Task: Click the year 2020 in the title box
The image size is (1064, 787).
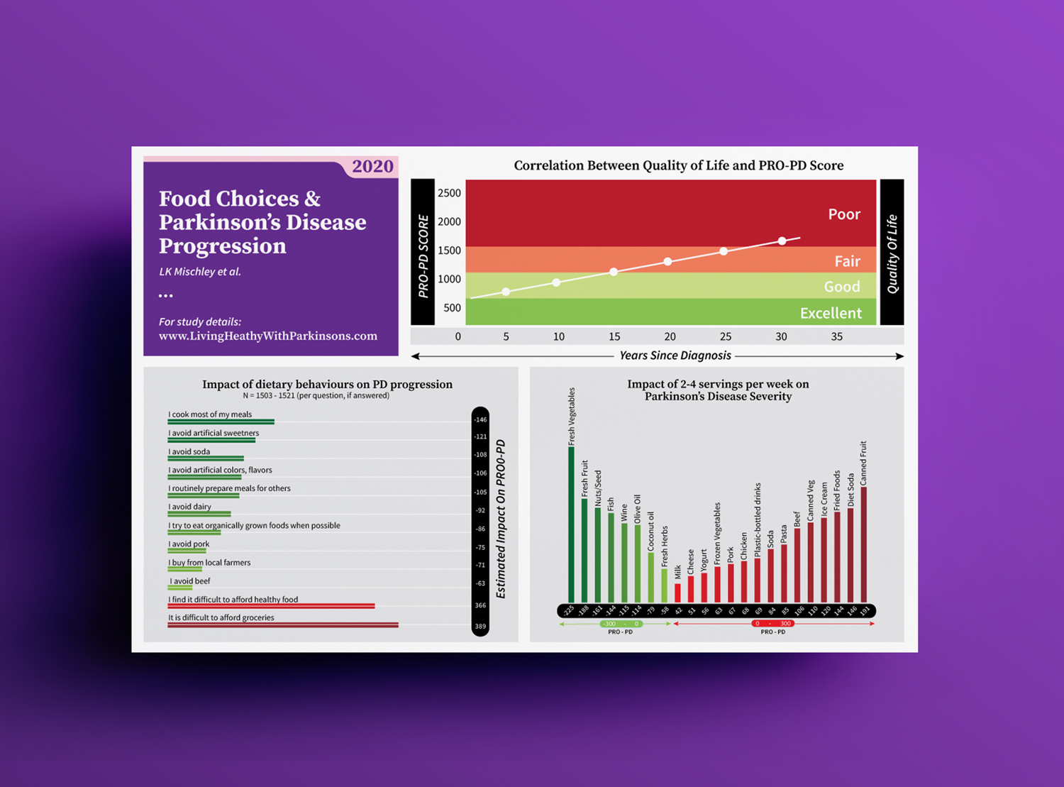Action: click(372, 166)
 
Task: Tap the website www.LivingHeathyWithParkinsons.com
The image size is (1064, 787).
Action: click(267, 336)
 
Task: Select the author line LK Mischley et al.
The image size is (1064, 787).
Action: click(200, 271)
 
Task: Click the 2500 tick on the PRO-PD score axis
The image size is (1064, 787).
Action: click(449, 193)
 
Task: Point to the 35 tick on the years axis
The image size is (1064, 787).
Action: click(836, 336)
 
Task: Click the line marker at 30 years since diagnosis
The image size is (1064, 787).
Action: click(782, 241)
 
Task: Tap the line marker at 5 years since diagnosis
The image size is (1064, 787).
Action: click(506, 292)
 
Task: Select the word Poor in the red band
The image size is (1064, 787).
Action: click(844, 214)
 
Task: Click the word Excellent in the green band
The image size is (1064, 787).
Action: click(831, 313)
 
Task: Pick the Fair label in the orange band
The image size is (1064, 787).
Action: click(847, 261)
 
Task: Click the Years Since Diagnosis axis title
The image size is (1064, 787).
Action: click(675, 356)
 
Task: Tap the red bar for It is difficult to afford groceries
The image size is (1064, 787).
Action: click(283, 625)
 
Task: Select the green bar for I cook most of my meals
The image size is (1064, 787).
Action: click(221, 422)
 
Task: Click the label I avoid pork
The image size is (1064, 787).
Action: click(189, 544)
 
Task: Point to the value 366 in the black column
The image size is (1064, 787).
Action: click(480, 605)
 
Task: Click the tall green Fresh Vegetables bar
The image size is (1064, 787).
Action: click(571, 525)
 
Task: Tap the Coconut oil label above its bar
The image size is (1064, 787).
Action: click(650, 532)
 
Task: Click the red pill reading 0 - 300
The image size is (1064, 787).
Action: click(772, 624)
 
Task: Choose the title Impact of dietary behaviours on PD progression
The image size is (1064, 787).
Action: click(327, 384)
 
